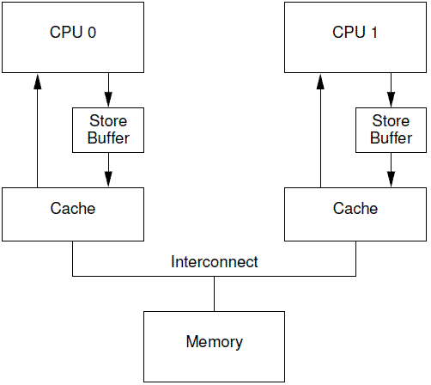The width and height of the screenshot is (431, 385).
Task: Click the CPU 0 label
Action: click(x=73, y=32)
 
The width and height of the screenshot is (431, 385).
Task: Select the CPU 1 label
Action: click(x=355, y=32)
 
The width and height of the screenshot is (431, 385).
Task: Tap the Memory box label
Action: click(x=215, y=342)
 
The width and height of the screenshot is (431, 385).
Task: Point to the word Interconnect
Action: click(x=215, y=261)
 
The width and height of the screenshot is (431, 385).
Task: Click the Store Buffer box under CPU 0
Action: click(x=108, y=130)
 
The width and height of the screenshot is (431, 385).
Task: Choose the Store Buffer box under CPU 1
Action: click(x=391, y=130)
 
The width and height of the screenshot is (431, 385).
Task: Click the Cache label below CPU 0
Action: click(x=73, y=208)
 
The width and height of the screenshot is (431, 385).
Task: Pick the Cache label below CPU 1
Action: click(x=355, y=208)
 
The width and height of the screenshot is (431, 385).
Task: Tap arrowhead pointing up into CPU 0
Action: click(x=37, y=82)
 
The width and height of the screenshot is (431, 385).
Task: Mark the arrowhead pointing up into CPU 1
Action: click(x=320, y=82)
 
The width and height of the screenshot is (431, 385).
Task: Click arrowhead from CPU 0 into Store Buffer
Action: click(x=108, y=100)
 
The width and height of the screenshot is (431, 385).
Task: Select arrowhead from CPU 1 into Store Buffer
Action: click(x=391, y=100)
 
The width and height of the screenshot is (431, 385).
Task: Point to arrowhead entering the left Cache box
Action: click(x=108, y=180)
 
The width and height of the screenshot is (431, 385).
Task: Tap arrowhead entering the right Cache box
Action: click(x=391, y=180)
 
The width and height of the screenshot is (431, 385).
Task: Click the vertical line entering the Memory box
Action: click(x=215, y=294)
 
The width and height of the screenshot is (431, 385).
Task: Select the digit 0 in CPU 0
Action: click(x=92, y=33)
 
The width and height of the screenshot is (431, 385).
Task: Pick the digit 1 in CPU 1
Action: click(x=374, y=33)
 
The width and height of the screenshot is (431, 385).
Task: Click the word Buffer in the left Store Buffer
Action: click(x=108, y=138)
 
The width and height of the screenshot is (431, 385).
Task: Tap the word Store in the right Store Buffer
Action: click(x=391, y=120)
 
